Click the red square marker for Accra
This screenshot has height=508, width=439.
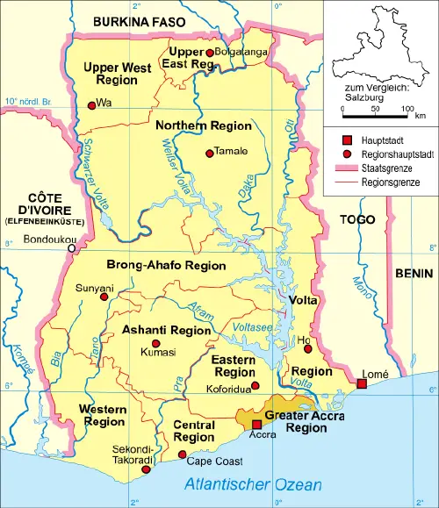tap(256, 424)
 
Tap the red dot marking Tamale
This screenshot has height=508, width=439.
tap(209, 154)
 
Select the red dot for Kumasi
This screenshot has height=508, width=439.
tap(156, 343)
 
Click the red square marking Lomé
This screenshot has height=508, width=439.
tap(362, 383)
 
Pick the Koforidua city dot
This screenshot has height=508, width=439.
tap(255, 385)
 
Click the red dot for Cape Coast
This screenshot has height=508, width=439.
tap(182, 454)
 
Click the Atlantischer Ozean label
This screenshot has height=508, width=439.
tap(253, 484)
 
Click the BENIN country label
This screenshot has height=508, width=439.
tap(413, 250)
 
